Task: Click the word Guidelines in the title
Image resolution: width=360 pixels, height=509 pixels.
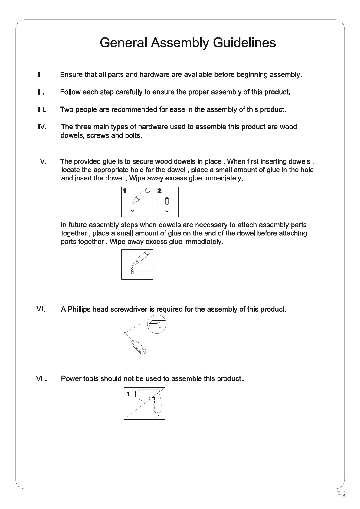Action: coord(244,43)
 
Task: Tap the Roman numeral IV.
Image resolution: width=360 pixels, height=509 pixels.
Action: coord(42,127)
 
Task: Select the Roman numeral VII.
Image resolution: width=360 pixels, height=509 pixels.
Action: coord(41,379)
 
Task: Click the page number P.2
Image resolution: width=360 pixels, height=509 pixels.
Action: coord(341,494)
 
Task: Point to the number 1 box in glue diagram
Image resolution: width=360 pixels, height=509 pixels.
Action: coord(124,191)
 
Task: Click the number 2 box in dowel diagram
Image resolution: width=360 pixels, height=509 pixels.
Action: coord(159,191)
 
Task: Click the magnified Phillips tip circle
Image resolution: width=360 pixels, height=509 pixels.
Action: coord(157,324)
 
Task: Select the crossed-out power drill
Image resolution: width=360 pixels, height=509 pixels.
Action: coord(145,403)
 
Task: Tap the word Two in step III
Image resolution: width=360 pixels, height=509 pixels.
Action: coord(67,109)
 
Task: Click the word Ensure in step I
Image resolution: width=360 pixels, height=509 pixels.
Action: coord(71,75)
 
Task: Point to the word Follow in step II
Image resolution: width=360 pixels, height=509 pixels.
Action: coord(70,92)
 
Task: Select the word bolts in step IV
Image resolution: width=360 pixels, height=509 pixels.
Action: coord(133,135)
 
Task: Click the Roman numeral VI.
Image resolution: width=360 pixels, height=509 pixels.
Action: coord(41,309)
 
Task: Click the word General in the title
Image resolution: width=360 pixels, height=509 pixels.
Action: coord(123,43)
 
